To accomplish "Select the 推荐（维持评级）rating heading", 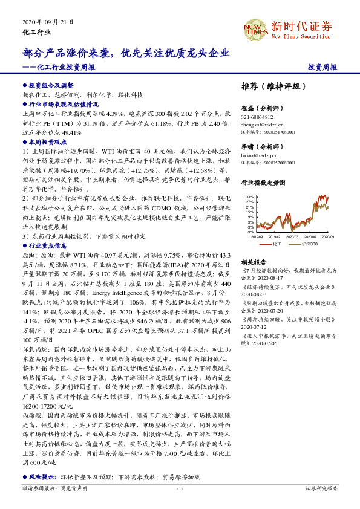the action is pos(270,86).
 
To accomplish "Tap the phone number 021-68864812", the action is pos(257,117).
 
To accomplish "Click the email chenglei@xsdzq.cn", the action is pos(261,124).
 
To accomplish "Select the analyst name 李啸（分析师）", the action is pos(262,147).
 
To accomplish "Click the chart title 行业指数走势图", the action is pos(263,181).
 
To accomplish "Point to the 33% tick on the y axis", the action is pos(249,197).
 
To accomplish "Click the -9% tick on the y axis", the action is pos(250,232).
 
